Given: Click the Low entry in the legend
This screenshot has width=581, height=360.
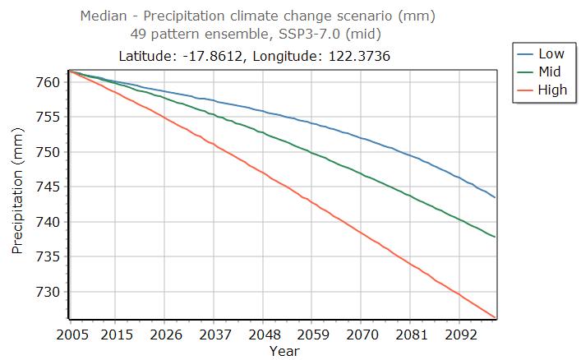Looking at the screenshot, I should coord(551,54).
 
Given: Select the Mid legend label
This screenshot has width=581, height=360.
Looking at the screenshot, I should coord(550,72).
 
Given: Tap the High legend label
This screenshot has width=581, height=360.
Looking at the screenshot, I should coord(551,90).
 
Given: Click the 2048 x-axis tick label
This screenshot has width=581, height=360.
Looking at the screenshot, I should coord(263,335).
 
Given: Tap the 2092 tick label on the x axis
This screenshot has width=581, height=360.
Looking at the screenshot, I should coord(461,335).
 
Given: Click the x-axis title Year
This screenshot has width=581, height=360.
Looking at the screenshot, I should coord(284,351).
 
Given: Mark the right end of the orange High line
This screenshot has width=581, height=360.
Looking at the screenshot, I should coord(495,317).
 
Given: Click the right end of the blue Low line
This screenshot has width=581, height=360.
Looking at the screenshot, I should coord(495,197).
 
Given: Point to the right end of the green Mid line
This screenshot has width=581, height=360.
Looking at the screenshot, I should coord(495,238).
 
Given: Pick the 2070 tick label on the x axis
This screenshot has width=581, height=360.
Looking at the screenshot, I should coord(362,335).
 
